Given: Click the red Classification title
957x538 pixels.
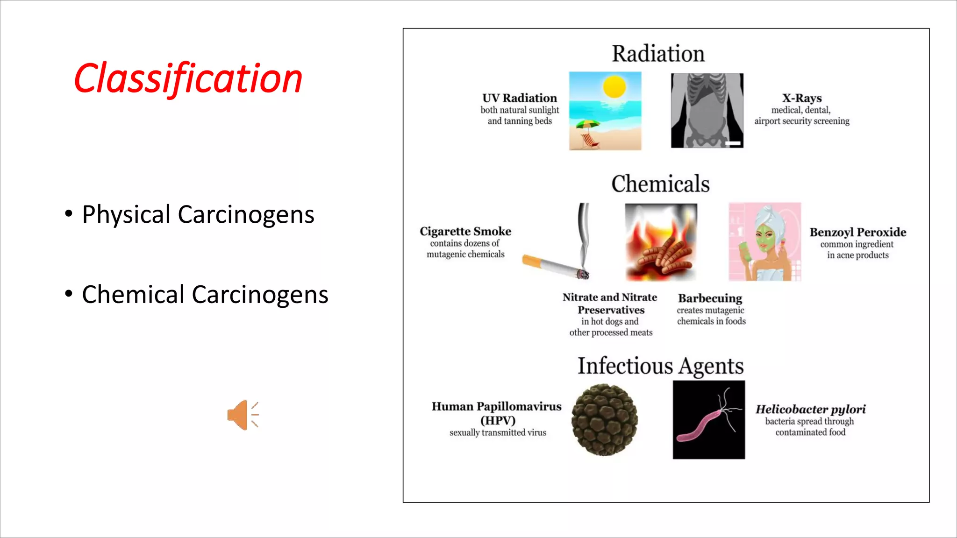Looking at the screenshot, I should [x=188, y=78].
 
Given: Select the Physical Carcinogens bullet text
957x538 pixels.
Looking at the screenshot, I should [x=198, y=215].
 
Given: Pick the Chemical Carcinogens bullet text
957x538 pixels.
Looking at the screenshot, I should [x=205, y=295].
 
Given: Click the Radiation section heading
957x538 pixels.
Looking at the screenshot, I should [x=658, y=54].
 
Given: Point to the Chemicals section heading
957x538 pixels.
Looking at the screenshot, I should [x=660, y=184].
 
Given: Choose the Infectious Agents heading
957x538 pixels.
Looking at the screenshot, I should [x=660, y=366].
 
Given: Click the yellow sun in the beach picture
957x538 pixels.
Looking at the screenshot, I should [x=614, y=87].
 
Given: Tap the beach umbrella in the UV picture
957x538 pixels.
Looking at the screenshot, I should [x=587, y=125].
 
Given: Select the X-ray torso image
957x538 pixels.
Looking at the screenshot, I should [x=707, y=111].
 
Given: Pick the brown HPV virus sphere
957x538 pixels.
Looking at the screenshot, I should [x=604, y=419].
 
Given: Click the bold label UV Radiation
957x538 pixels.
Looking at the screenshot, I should [x=520, y=98].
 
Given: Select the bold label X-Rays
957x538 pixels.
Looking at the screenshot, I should [x=802, y=98].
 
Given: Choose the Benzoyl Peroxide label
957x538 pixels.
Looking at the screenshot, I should [x=857, y=232].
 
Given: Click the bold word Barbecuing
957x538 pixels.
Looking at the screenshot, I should [x=710, y=298].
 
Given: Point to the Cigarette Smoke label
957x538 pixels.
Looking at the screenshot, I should [x=465, y=231].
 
